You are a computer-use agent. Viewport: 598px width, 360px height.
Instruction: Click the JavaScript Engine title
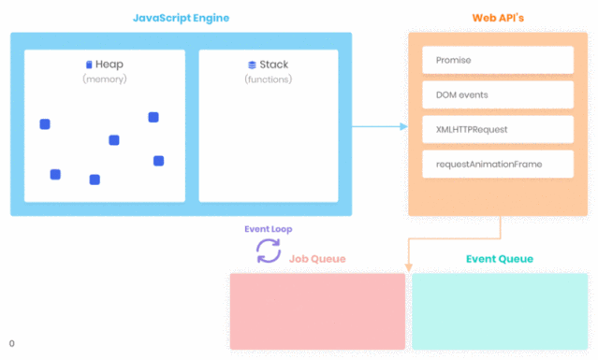(x=181, y=18)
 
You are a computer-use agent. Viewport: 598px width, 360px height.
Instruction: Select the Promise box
(x=497, y=60)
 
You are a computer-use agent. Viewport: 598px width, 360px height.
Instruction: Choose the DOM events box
(x=497, y=94)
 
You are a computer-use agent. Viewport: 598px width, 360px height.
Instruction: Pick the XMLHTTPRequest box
(x=497, y=129)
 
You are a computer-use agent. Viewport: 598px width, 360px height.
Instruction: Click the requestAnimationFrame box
(x=497, y=164)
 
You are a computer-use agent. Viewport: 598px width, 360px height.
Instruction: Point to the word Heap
(x=109, y=65)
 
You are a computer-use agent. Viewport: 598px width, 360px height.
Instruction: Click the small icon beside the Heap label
(x=89, y=65)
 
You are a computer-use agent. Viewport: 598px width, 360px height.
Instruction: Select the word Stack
(x=274, y=65)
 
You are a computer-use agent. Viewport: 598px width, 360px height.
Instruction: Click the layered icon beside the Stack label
(x=252, y=65)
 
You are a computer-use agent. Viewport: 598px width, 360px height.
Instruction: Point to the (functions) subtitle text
(x=269, y=79)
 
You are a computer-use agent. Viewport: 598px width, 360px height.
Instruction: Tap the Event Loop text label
(x=269, y=229)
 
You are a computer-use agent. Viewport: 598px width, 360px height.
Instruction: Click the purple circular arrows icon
(x=269, y=251)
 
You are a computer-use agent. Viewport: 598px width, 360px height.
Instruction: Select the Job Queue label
(x=316, y=259)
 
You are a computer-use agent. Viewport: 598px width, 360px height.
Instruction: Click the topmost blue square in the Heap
(x=153, y=117)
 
